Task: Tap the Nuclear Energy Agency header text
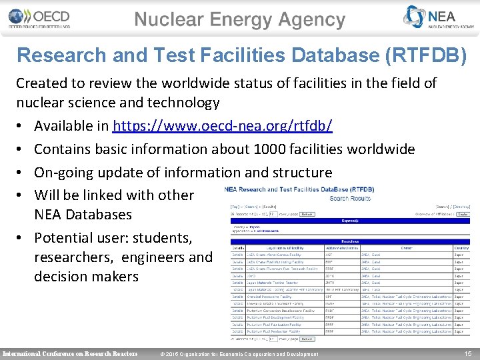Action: point(240,20)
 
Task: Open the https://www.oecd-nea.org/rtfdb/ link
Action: point(223,126)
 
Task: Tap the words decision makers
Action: point(86,276)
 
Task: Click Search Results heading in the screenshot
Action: point(350,198)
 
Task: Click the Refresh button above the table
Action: point(307,215)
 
